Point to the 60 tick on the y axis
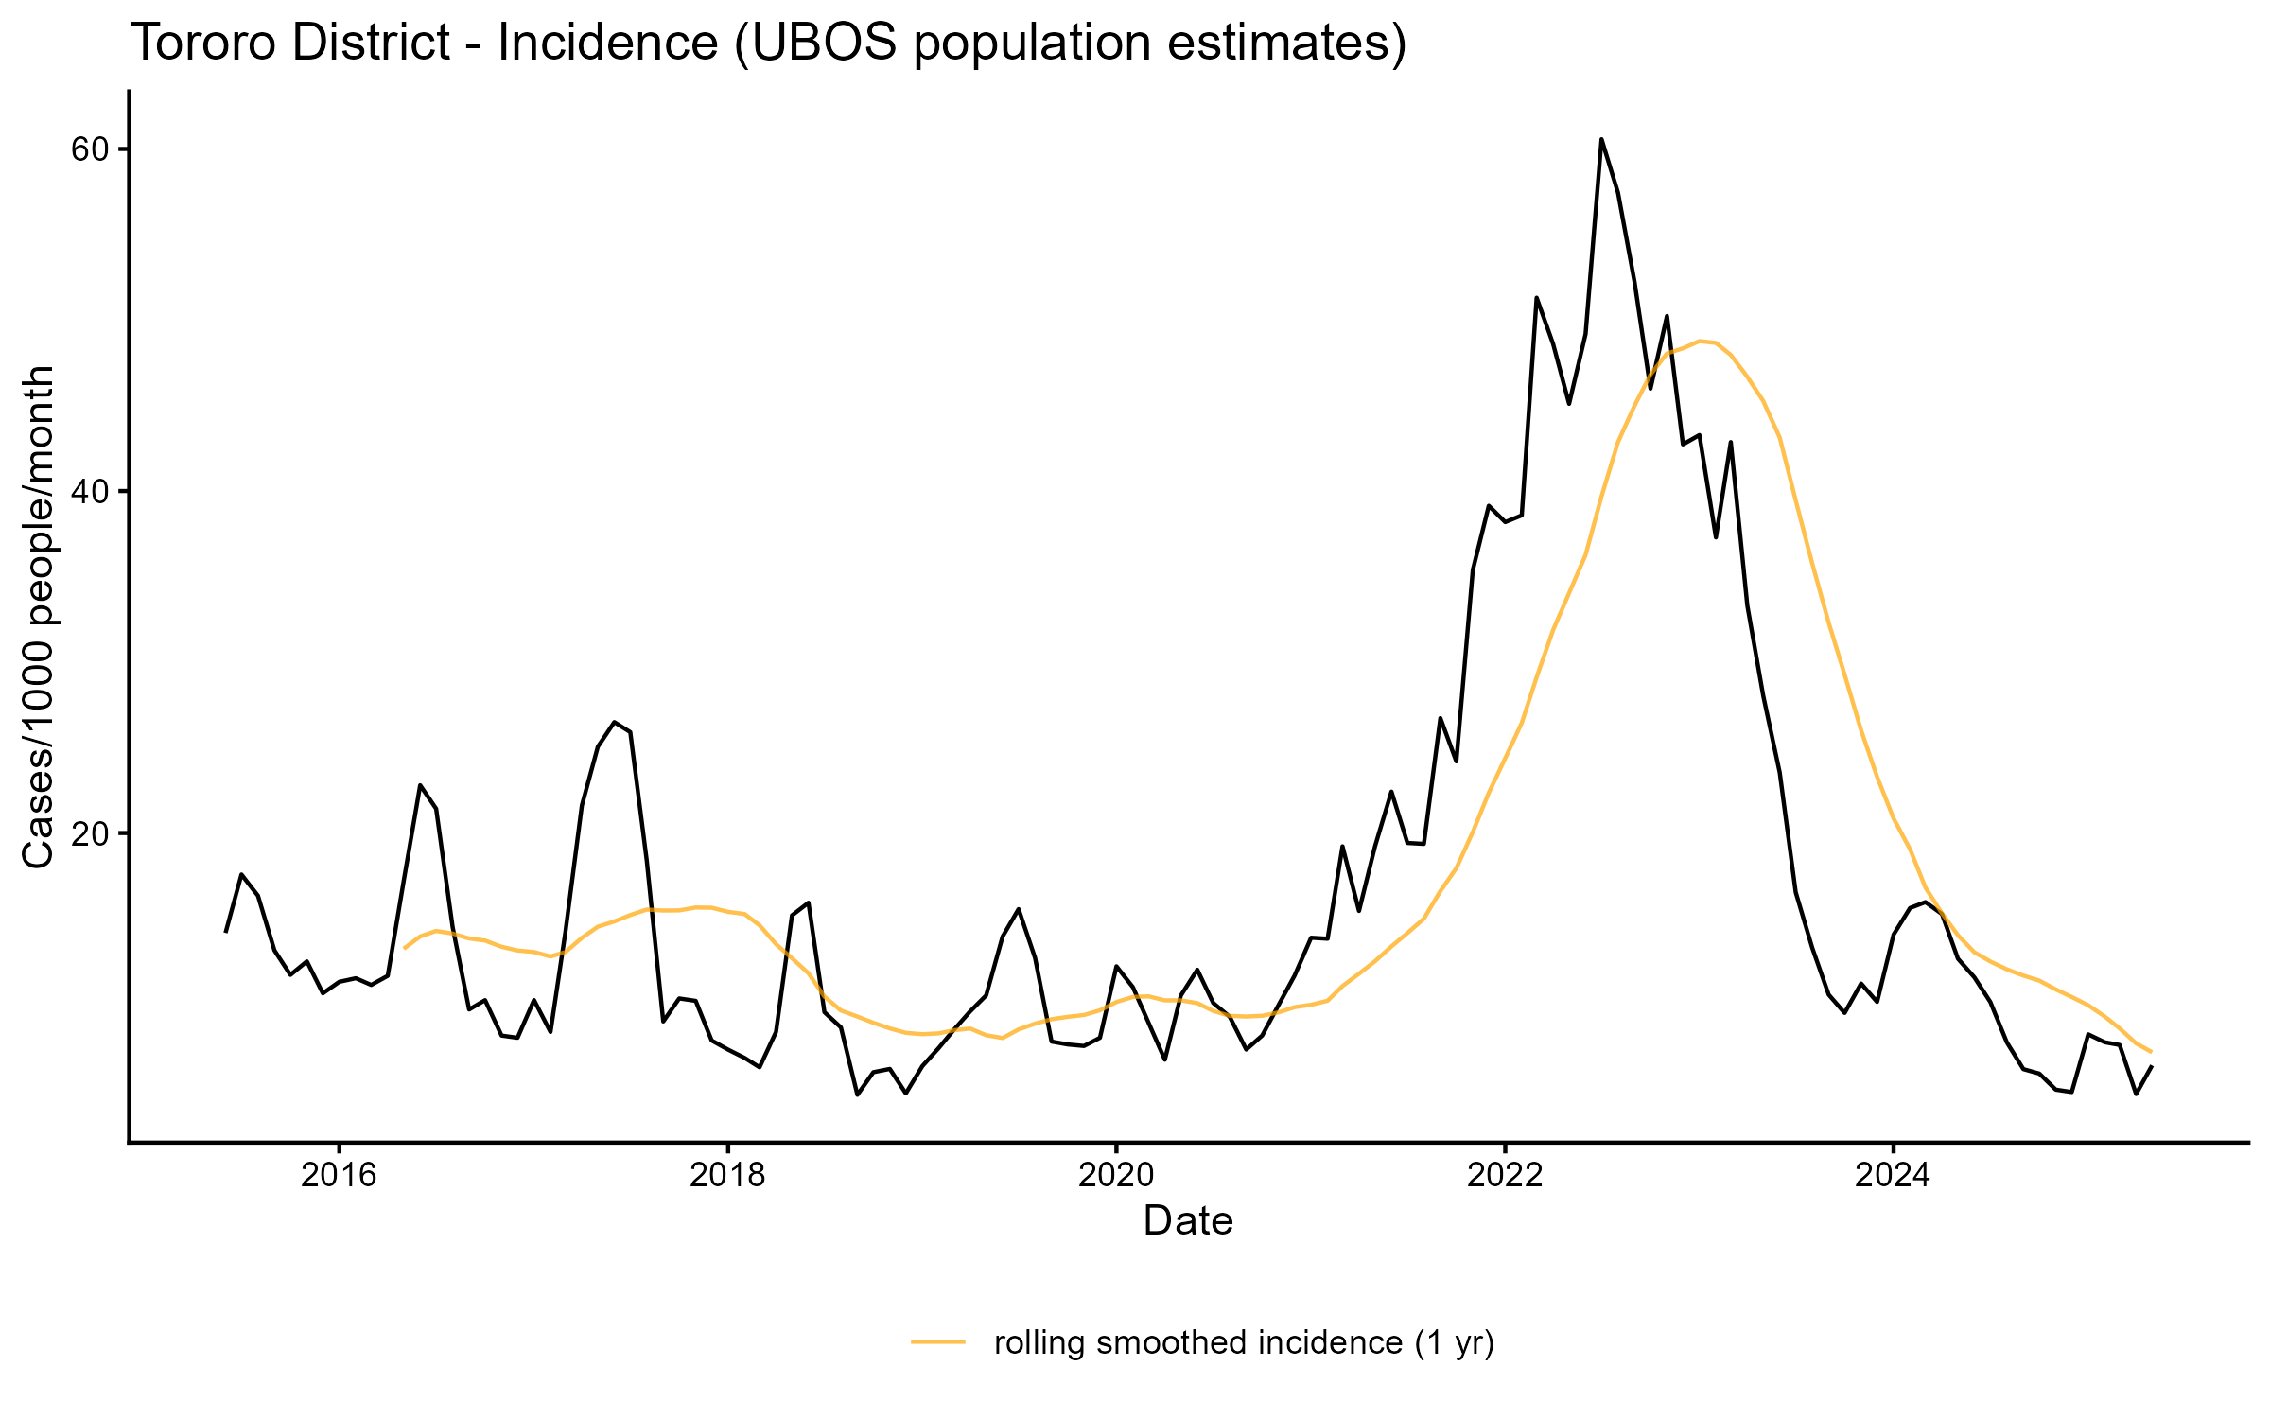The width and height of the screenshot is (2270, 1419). [x=88, y=149]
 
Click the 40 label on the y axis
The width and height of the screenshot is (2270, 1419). [x=88, y=491]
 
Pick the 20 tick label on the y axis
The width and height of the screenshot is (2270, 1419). [x=88, y=833]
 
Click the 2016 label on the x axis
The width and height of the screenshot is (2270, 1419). [x=338, y=1175]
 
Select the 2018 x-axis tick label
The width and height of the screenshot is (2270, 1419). [x=726, y=1175]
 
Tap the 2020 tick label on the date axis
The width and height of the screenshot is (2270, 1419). [x=1115, y=1175]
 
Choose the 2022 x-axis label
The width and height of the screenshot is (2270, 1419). [x=1504, y=1175]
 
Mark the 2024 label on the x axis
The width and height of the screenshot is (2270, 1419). [x=1893, y=1175]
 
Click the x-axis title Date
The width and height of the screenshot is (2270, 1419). [x=1188, y=1221]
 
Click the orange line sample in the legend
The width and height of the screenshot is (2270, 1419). [x=938, y=1340]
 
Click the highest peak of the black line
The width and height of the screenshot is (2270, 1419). [x=1601, y=139]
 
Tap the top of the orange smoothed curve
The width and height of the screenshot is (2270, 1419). [x=1701, y=341]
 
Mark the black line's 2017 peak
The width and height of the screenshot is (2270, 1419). [x=615, y=722]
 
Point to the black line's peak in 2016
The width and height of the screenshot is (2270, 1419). [x=420, y=785]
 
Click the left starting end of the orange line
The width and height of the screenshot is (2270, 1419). [x=405, y=947]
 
